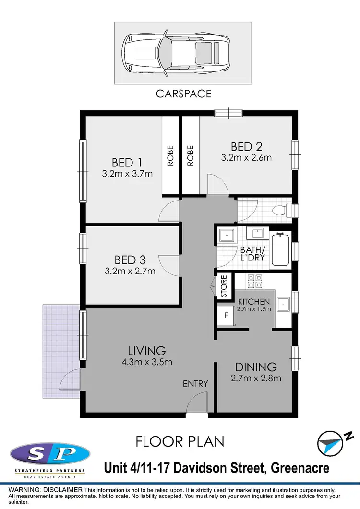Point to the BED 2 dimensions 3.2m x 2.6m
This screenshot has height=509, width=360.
(247, 157)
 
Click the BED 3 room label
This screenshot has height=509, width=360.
(130, 260)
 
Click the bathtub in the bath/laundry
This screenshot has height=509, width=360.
(280, 249)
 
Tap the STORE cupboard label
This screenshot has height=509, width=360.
(224, 286)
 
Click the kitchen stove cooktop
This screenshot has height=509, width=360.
(254, 280)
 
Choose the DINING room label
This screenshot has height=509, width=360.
(256, 367)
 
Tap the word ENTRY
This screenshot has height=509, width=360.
(195, 384)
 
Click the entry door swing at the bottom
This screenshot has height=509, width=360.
(197, 403)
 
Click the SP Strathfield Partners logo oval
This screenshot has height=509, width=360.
(49, 453)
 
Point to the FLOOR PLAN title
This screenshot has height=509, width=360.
(180, 441)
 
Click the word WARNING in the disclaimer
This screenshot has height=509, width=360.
(22, 489)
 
